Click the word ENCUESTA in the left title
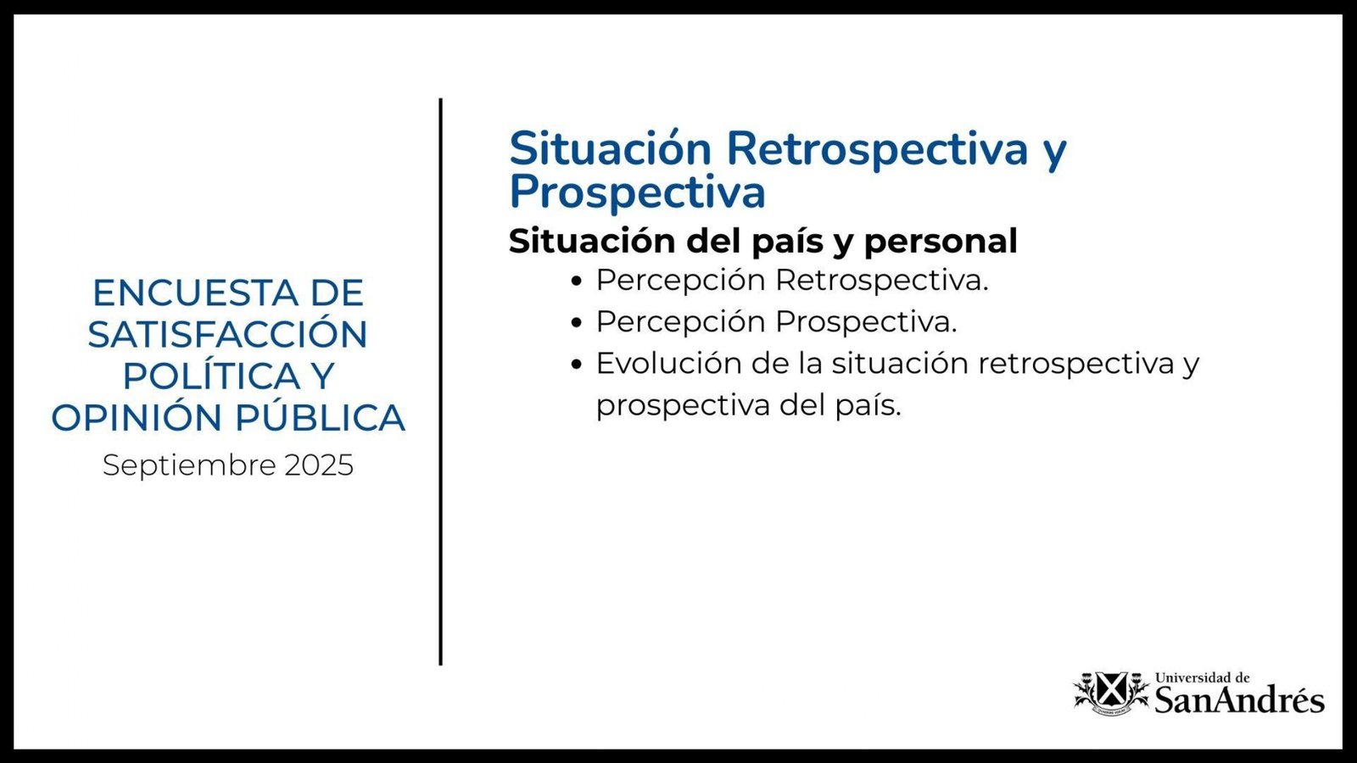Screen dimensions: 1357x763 [x=196, y=293]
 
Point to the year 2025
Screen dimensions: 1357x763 [x=319, y=465]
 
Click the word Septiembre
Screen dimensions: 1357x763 [x=190, y=466]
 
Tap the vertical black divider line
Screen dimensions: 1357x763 [x=440, y=381]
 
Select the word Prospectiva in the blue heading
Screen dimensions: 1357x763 [x=637, y=192]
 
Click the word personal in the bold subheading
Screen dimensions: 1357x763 [x=941, y=241]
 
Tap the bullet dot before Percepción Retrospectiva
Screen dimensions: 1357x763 [x=577, y=281]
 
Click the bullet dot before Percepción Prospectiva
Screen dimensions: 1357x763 [x=577, y=322]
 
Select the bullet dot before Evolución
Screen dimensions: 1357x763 [x=577, y=364]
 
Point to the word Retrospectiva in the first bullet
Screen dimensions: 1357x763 [x=882, y=281]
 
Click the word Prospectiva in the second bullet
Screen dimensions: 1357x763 [x=866, y=321]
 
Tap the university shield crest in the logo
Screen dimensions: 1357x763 [x=1112, y=693]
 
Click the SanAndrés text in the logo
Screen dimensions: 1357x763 [x=1239, y=700]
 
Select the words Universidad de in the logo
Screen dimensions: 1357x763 [x=1203, y=677]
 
